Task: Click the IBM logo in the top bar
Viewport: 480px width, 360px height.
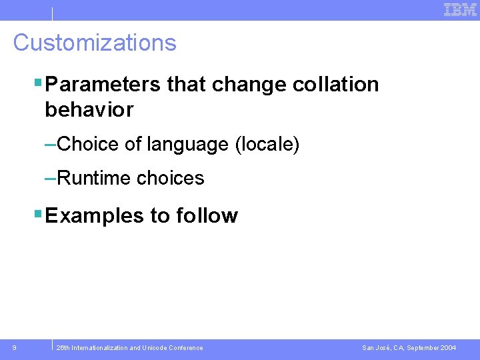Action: coord(460,9)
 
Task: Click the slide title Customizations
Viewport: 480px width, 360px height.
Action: coord(95,43)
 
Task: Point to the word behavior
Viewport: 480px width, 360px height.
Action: coord(89,109)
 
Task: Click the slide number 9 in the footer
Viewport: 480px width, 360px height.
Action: coord(15,347)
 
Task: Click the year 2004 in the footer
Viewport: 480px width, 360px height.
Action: coord(448,348)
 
